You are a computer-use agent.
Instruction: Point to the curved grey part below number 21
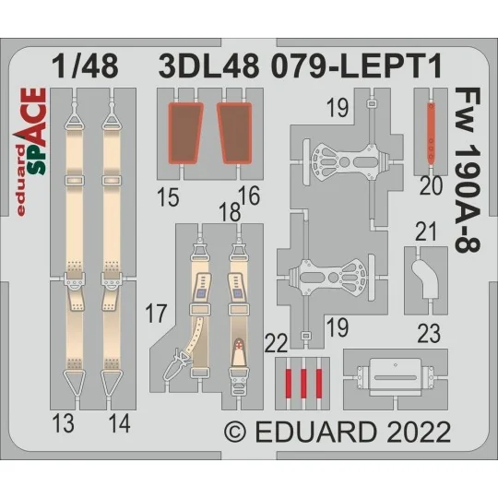pyautogui.click(x=428, y=278)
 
